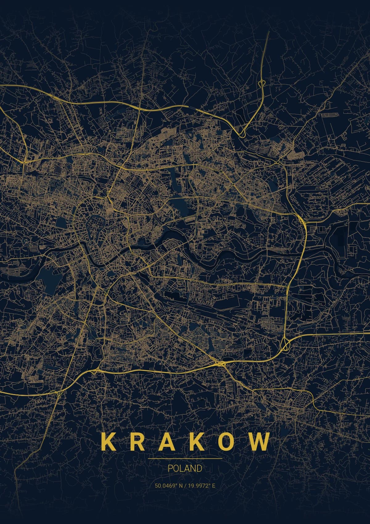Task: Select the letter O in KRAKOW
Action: pos(229,442)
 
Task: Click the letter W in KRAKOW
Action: pos(258,442)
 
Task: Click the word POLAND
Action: pos(185,468)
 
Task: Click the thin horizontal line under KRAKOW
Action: pos(185,459)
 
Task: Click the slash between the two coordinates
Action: pos(185,486)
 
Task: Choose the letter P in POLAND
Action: pos(170,468)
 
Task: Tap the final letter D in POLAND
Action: pos(199,468)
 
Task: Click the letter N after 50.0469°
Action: pos(180,486)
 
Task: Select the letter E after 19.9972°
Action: pos(213,486)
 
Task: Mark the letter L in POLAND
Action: pos(182,468)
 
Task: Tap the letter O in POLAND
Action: pos(176,468)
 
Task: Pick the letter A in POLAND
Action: pos(187,468)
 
